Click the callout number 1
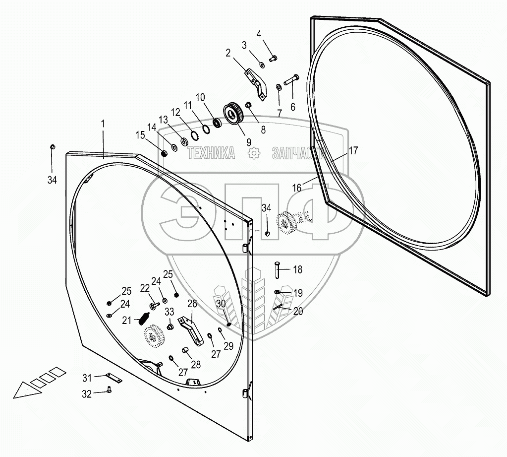(103, 125)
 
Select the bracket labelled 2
(256, 82)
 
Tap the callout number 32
(87, 394)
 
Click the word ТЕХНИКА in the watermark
(211, 154)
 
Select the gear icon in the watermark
(254, 154)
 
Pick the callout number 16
(296, 187)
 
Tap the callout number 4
(259, 34)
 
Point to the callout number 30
(221, 304)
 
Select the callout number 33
(169, 312)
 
